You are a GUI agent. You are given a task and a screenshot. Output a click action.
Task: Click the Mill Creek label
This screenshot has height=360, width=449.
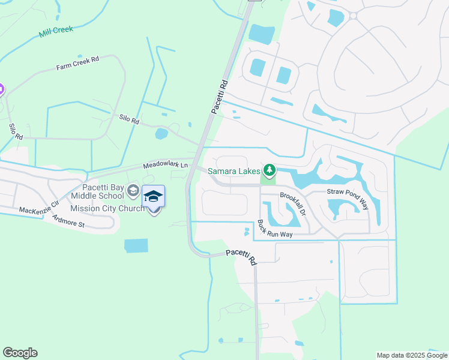click(x=56, y=31)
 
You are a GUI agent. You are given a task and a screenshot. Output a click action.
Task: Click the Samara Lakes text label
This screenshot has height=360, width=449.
click(x=234, y=172)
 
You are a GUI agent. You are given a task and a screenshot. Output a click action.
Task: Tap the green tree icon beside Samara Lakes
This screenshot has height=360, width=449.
click(x=270, y=172)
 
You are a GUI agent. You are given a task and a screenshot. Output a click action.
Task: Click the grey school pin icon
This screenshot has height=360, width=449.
click(x=133, y=191)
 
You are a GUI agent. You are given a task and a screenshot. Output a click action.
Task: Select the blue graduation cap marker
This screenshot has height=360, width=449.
click(x=153, y=197)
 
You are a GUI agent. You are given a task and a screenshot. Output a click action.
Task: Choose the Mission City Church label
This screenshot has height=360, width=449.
click(x=107, y=208)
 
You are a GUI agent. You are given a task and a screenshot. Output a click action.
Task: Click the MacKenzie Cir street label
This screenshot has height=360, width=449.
click(x=39, y=207)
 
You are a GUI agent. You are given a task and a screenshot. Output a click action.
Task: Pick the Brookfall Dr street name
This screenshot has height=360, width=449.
click(x=294, y=203)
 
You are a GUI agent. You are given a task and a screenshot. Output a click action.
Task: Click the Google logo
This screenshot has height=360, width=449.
click(x=20, y=353)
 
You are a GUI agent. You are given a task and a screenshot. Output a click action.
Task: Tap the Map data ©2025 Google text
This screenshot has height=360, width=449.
click(x=412, y=355)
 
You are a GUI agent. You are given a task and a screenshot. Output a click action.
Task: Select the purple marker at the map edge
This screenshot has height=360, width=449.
click(x=1, y=90)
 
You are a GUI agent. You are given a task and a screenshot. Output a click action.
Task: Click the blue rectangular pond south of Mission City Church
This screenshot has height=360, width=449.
click(x=136, y=245)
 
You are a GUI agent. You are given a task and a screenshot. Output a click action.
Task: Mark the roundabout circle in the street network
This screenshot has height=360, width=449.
click(x=353, y=16)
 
